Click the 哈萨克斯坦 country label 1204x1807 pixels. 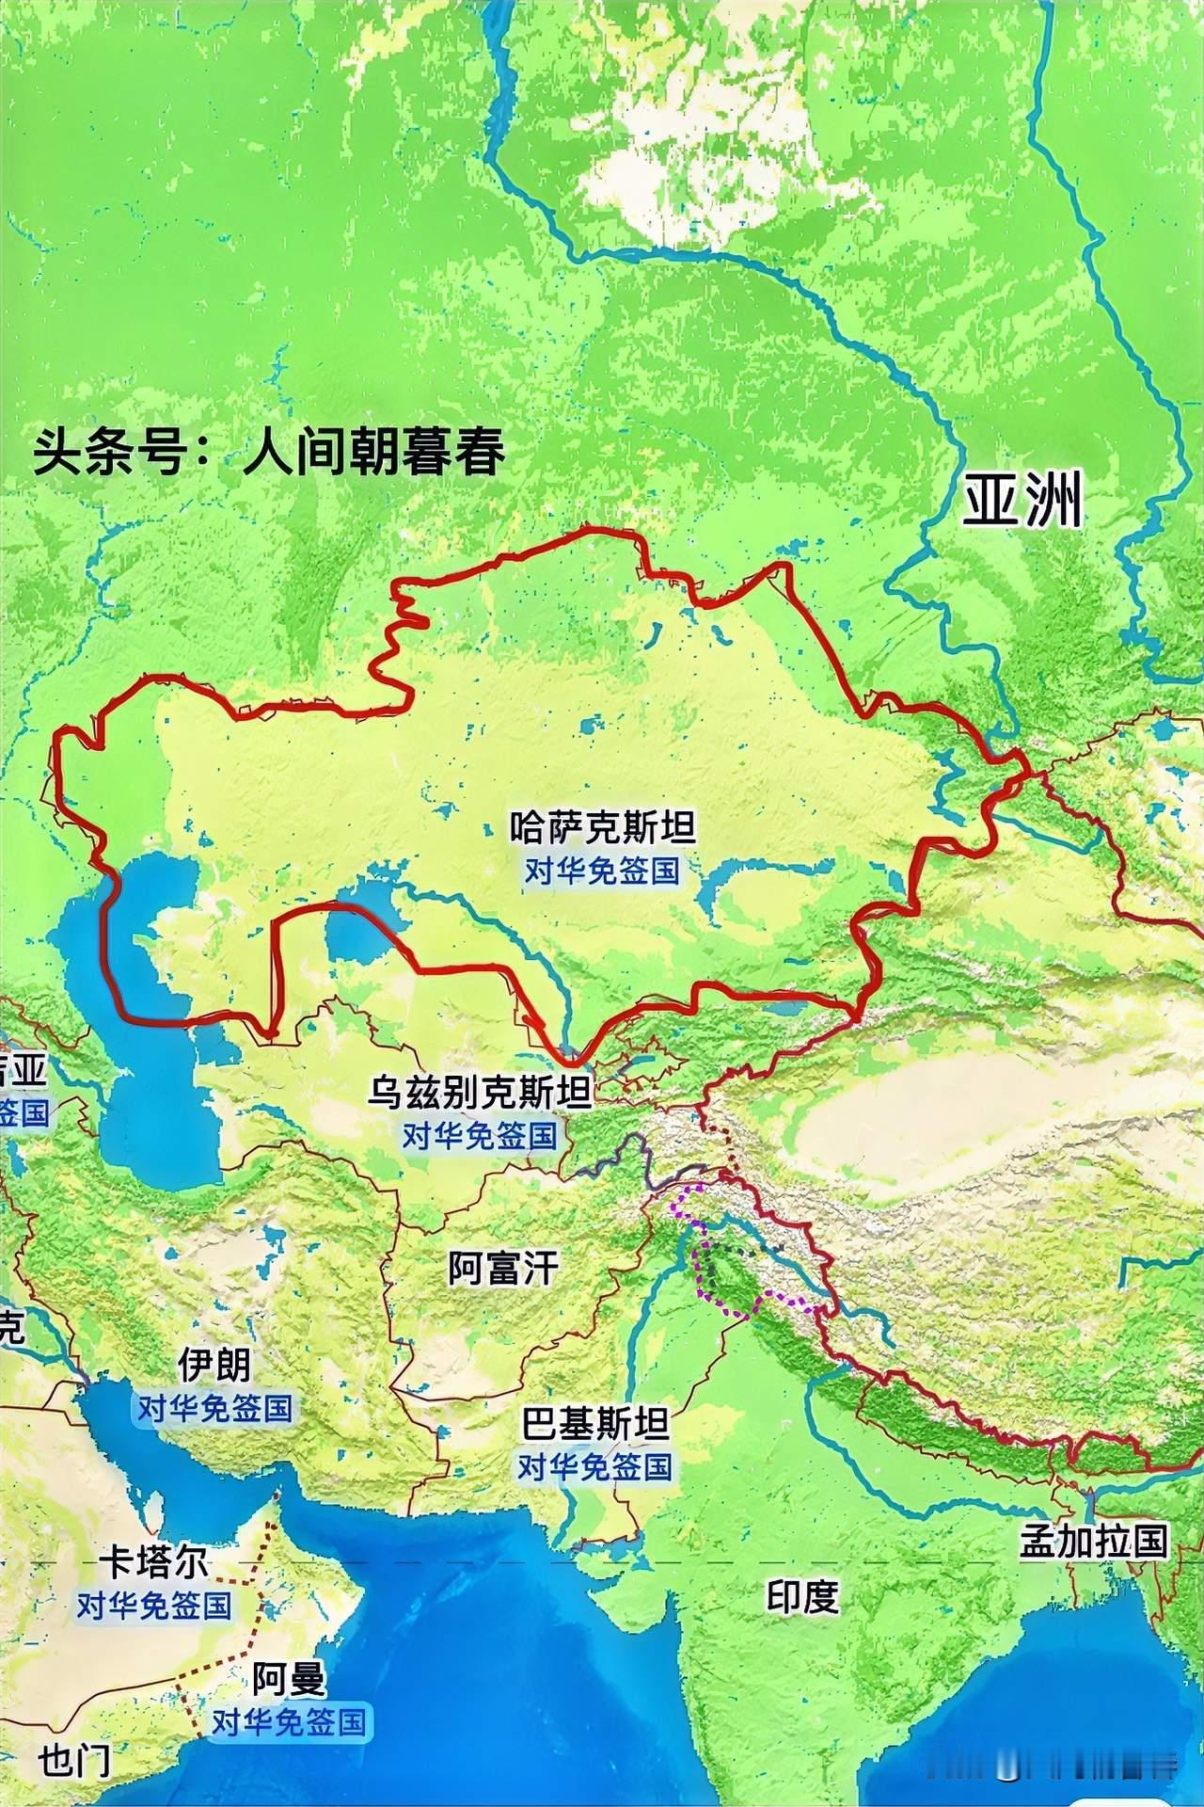coord(602,828)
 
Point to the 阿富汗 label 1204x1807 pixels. coord(503,1269)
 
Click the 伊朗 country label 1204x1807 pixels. coord(215,1364)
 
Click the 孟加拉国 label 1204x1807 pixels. coord(1094,1541)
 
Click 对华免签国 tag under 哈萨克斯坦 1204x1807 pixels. coord(602,870)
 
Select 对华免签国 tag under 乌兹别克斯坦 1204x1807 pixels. coord(480,1135)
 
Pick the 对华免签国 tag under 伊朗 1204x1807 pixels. coord(215,1408)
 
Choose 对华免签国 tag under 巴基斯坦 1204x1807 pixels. coord(595,1465)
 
